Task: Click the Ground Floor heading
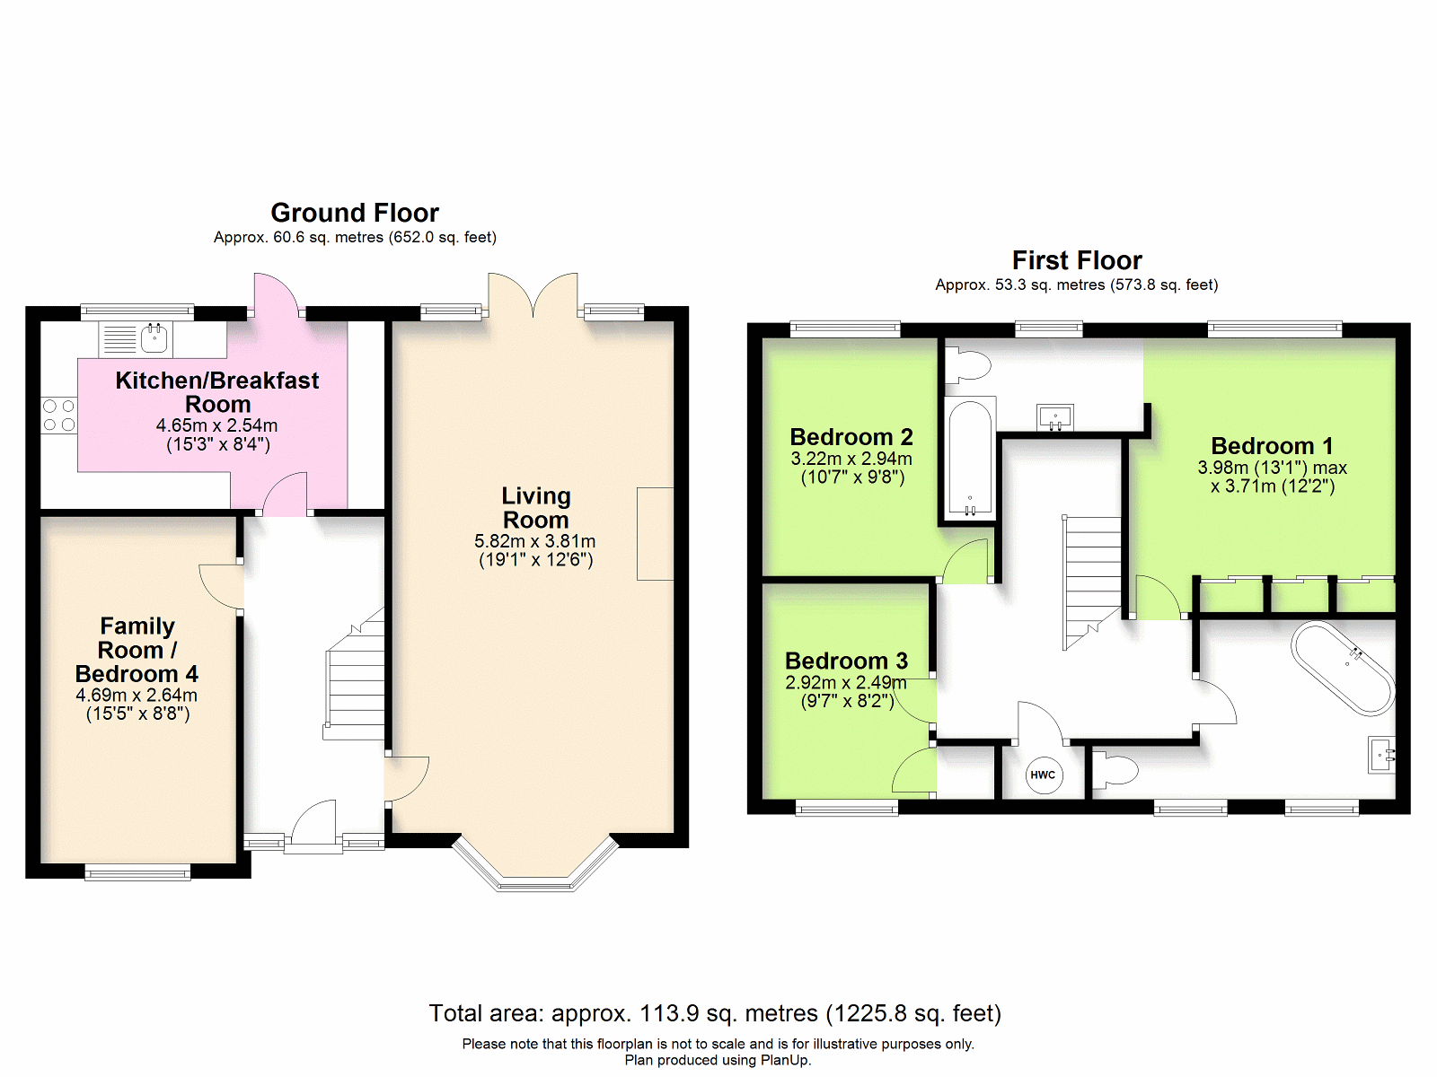[355, 214]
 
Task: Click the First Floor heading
[1077, 261]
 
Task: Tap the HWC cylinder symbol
[1043, 775]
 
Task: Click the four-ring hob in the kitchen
[59, 416]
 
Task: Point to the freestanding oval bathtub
[1343, 666]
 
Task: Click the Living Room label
[535, 507]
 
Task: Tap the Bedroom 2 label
[851, 437]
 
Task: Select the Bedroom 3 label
[847, 661]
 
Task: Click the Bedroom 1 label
[1272, 446]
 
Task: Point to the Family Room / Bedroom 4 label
[137, 650]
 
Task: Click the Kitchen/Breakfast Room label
[217, 392]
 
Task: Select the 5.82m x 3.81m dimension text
[535, 541]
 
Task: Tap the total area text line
[715, 1013]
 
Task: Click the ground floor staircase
[354, 673]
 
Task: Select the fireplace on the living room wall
[656, 534]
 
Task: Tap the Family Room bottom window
[137, 872]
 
